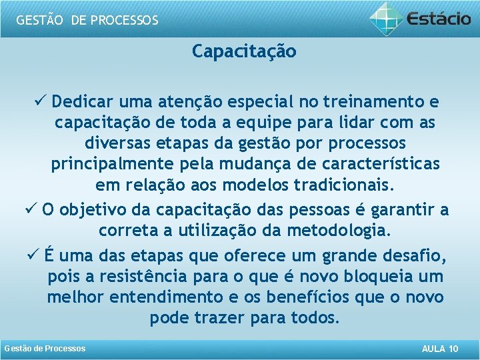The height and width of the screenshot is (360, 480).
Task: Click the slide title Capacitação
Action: click(x=244, y=51)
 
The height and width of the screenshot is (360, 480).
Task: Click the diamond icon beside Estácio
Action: click(x=387, y=18)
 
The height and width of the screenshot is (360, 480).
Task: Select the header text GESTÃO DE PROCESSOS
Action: click(x=87, y=20)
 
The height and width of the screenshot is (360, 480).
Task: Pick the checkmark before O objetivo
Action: click(x=30, y=209)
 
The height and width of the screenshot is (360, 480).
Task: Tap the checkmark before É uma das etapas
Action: click(x=33, y=254)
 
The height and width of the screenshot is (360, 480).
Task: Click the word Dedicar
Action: click(x=85, y=102)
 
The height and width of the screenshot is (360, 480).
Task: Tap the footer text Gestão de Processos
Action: click(x=45, y=349)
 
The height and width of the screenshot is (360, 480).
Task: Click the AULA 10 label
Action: click(x=440, y=349)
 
